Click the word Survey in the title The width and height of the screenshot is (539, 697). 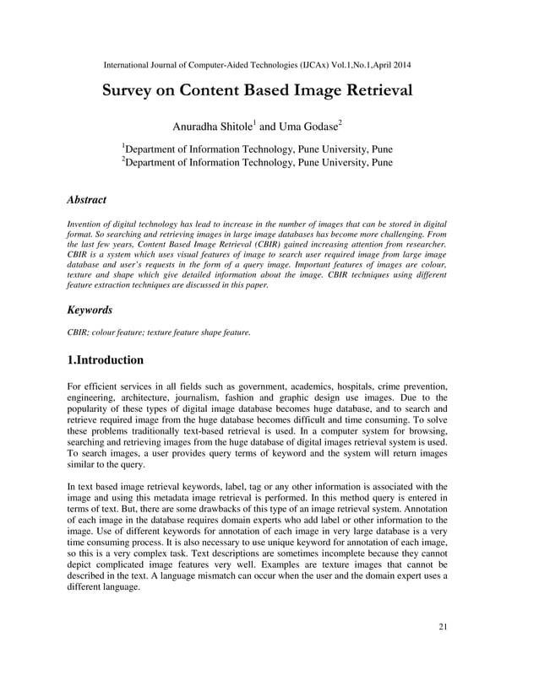(x=130, y=91)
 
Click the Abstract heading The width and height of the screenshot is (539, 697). (x=86, y=200)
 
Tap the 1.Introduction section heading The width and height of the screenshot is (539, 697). (x=105, y=360)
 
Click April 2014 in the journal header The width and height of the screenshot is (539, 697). (x=390, y=65)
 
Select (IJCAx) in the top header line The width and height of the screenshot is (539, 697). (x=303, y=65)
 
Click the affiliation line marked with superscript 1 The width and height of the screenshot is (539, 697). (x=258, y=149)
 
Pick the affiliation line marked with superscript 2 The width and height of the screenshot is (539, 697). (x=258, y=163)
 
